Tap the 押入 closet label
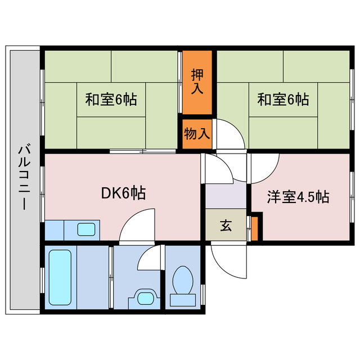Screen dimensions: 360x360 (197, 82)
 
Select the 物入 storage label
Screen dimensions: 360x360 (197, 134)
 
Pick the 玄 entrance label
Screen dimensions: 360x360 (226, 226)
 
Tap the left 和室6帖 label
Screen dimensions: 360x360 (111, 100)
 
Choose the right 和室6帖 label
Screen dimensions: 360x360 (283, 100)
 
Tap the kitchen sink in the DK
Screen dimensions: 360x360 (85, 229)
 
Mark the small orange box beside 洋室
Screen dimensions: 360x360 (255, 227)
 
